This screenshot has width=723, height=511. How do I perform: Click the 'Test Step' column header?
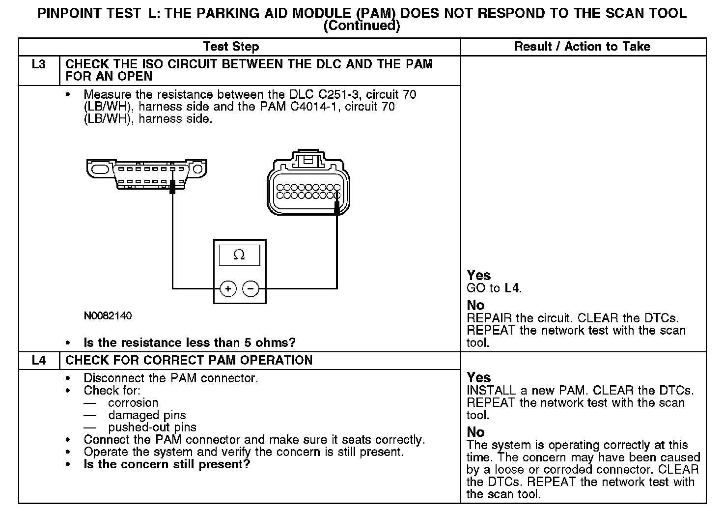coord(231,47)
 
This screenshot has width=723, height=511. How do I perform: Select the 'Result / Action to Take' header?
coord(582,47)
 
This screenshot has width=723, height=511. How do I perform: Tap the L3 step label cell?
coord(38,64)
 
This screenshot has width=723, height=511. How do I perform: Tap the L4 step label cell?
coord(38,360)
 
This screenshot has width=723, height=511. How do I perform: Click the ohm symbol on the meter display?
coord(239,255)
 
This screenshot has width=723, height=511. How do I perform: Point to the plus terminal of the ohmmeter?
coord(228,288)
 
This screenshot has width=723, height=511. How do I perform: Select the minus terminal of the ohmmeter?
coord(251,288)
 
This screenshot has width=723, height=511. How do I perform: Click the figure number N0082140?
coord(108,316)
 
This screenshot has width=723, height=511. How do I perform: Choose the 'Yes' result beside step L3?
coord(478,275)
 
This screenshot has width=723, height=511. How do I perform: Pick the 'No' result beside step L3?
coord(475,305)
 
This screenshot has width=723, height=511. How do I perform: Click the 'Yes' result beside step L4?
coord(478,377)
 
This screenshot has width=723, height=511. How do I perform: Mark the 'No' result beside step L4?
coord(475,432)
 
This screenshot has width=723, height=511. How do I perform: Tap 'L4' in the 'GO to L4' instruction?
coord(512,288)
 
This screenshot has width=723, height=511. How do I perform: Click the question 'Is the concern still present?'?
coord(167,464)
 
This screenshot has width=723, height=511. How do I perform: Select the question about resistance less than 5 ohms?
coord(190,342)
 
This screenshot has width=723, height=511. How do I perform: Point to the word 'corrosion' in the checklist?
coord(133,403)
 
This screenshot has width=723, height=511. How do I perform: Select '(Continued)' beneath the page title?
coord(361,26)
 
